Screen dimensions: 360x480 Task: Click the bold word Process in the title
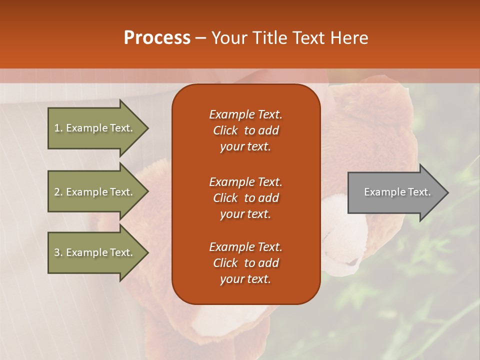(157, 38)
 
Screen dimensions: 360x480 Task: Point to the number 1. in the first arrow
(58, 128)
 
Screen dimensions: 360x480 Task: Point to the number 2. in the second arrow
(58, 192)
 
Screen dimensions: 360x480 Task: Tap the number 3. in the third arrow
(58, 252)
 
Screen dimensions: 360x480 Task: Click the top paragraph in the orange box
(245, 130)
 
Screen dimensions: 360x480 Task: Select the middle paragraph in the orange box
(245, 198)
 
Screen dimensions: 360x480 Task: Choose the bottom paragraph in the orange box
(245, 263)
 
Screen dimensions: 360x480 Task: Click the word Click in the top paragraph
(225, 130)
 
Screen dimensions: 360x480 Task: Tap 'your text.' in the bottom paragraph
(245, 279)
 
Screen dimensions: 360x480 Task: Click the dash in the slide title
(200, 38)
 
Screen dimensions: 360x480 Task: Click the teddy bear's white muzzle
(345, 235)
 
